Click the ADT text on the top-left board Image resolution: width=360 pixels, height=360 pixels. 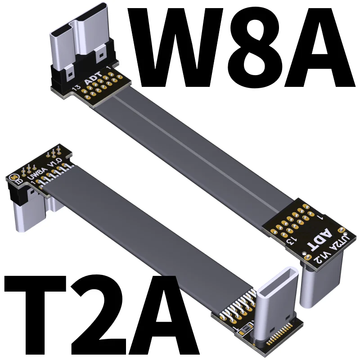coord(93,78)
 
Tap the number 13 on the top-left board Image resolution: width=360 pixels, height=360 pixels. coord(76,87)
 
